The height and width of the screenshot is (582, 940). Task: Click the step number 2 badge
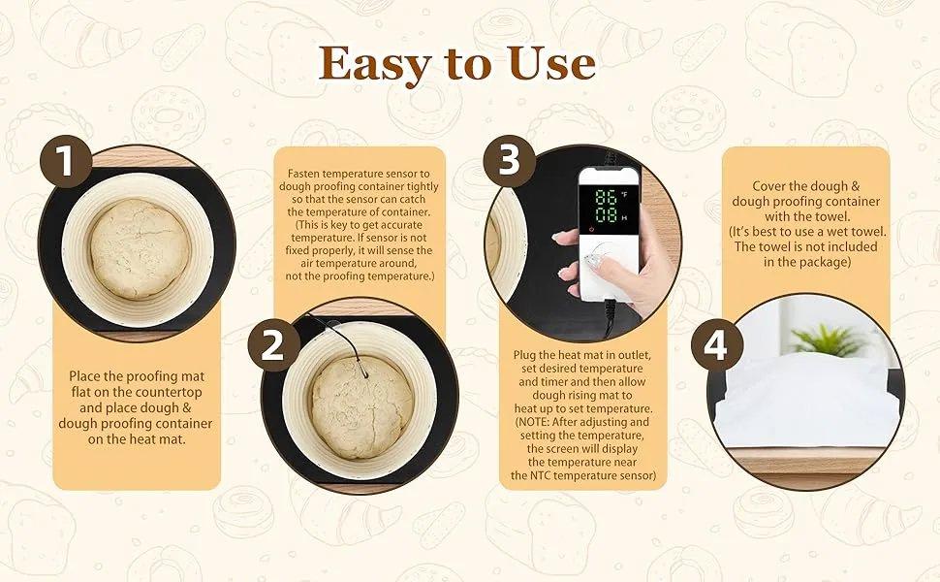[274, 344]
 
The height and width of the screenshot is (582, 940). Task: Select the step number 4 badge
[715, 346]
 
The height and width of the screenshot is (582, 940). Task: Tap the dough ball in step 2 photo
[361, 406]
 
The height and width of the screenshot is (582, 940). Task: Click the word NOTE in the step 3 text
[548, 423]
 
